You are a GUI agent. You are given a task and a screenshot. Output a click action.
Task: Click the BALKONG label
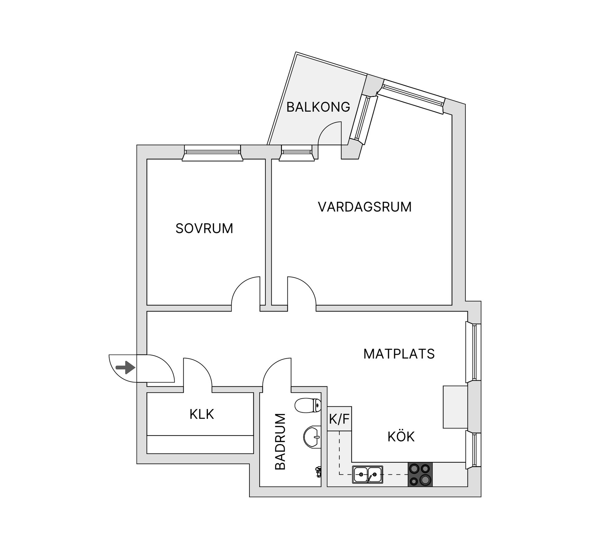point(318,107)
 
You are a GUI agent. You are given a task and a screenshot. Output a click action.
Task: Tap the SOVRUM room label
point(204,228)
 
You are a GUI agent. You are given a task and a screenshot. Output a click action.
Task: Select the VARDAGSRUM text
point(364,207)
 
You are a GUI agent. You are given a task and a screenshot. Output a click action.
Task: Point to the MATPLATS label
point(399,354)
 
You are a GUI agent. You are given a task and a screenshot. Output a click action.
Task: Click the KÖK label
point(401,437)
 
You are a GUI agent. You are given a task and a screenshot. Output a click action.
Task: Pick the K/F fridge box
point(339,419)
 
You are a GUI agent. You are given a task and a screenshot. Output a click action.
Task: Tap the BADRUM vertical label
point(280,442)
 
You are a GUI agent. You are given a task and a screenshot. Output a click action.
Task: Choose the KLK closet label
point(202,414)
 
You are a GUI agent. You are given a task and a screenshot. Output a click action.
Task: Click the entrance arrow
point(125,368)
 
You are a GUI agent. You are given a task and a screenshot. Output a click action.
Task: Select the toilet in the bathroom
point(307,406)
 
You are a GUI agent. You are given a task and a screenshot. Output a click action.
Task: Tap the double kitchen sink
point(367,474)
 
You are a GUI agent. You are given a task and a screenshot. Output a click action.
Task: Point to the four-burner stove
point(420,474)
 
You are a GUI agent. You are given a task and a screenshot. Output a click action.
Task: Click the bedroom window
point(213,152)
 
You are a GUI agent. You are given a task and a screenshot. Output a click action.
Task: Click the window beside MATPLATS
point(473,352)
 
